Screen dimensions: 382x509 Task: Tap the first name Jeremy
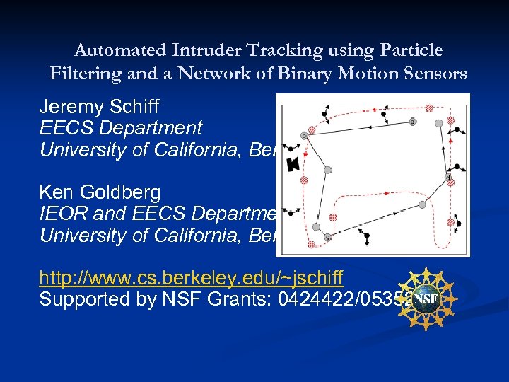point(67,108)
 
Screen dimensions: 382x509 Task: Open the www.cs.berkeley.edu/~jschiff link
point(192,277)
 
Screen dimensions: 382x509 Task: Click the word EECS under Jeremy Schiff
point(63,128)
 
